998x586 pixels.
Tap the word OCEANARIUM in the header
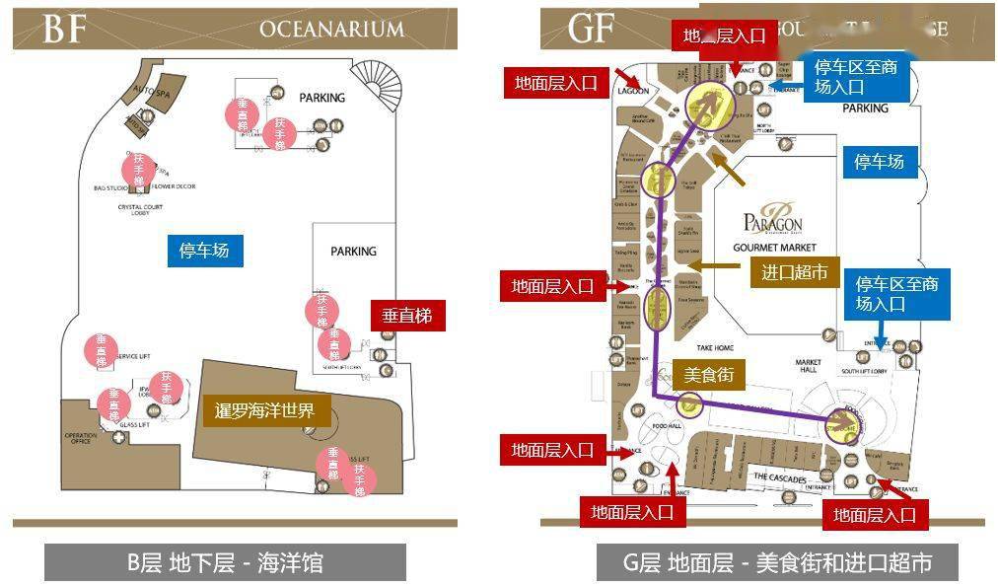(331, 29)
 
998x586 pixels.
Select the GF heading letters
(593, 28)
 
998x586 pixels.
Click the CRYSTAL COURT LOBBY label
(140, 210)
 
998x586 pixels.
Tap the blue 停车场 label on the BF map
(204, 251)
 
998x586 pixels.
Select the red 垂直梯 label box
(407, 317)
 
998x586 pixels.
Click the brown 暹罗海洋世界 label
(265, 409)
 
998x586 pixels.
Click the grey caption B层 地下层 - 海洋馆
(225, 563)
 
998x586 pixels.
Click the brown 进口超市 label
(794, 271)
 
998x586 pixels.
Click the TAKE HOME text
(715, 348)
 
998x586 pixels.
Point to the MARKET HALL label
(809, 367)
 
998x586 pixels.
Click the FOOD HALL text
(667, 425)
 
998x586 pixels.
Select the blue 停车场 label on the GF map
(879, 162)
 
